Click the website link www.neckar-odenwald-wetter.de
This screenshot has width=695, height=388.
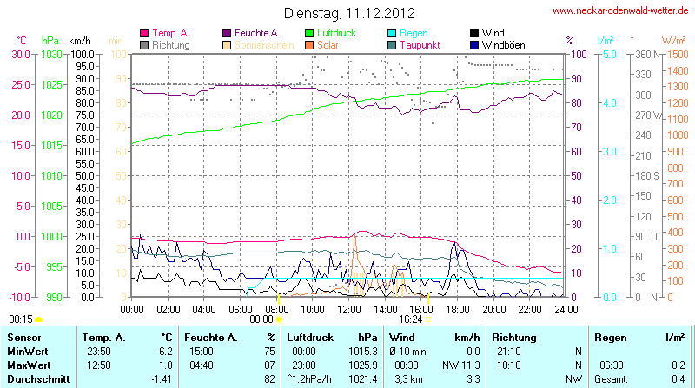pyautogui.click(x=622, y=11)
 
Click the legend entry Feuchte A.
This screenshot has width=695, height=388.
pyautogui.click(x=257, y=32)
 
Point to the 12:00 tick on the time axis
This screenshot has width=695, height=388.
pyautogui.click(x=349, y=308)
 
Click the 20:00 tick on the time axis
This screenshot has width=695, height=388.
pyautogui.click(x=493, y=308)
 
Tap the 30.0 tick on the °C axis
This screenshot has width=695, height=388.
pyautogui.click(x=20, y=54)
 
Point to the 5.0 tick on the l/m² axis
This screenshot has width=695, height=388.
pyautogui.click(x=609, y=54)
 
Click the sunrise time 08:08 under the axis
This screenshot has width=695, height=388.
pyautogui.click(x=261, y=319)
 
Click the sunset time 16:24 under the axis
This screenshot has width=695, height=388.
pyautogui.click(x=411, y=319)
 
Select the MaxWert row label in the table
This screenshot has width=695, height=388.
pyautogui.click(x=28, y=365)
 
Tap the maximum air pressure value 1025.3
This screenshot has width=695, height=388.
pyautogui.click(x=362, y=365)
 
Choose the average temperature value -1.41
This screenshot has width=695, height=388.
pyautogui.click(x=161, y=379)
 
